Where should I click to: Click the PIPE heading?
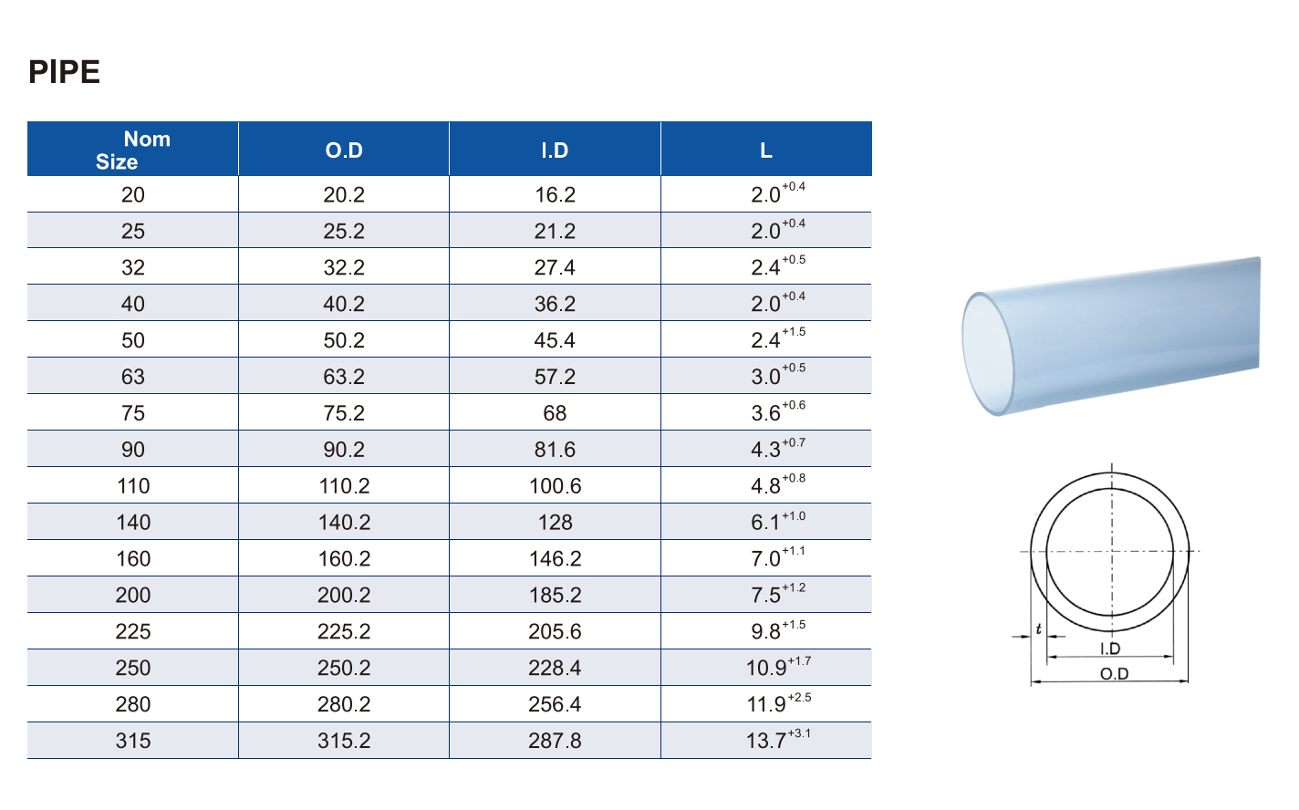click(64, 72)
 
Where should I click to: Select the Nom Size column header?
click(133, 151)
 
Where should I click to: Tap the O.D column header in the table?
click(344, 151)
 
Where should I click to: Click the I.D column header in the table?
click(555, 151)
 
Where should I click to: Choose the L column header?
click(766, 151)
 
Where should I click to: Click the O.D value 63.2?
click(344, 377)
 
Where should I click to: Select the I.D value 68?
click(555, 413)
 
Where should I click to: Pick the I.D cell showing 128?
click(555, 523)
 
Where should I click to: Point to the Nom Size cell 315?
click(133, 741)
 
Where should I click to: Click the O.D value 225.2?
click(344, 631)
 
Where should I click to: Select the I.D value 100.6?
click(555, 486)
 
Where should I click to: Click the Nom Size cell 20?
click(133, 194)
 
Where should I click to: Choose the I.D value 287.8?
click(555, 741)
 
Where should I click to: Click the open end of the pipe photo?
click(988, 353)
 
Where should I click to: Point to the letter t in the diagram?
click(1039, 628)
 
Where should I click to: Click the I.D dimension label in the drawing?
click(1110, 649)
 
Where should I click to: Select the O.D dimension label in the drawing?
click(1114, 674)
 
